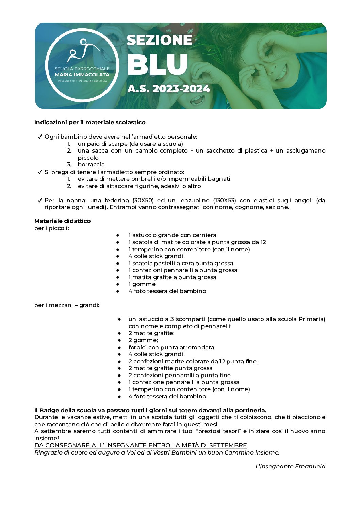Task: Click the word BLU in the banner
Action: point(157,65)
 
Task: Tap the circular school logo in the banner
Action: point(82,65)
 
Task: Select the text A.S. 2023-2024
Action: point(168,89)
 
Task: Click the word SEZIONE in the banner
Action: point(159,40)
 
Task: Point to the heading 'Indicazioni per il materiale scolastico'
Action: point(90,122)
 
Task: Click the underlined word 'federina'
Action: point(117,200)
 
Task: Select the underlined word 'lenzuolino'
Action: point(194,200)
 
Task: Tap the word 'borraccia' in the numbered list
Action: point(91,164)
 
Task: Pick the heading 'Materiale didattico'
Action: point(63,221)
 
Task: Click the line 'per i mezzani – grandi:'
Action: point(67,305)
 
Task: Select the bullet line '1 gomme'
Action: point(142,284)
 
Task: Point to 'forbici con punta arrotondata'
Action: point(171,347)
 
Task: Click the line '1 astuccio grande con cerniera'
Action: point(172,235)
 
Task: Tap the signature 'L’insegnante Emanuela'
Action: point(290,466)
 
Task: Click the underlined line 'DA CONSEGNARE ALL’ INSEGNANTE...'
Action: point(141,445)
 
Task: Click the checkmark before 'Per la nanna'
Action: point(40,200)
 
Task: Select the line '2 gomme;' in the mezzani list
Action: point(143,340)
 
